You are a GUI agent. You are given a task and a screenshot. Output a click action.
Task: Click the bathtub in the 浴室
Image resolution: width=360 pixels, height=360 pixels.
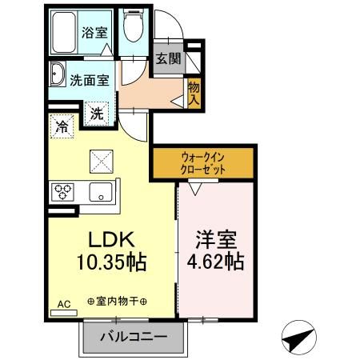pyautogui.click(x=64, y=33)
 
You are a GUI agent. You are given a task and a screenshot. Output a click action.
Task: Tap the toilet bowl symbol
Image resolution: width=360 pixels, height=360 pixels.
pyautogui.click(x=134, y=26)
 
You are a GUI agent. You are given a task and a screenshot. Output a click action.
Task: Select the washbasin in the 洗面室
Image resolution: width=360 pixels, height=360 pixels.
pyautogui.click(x=58, y=74)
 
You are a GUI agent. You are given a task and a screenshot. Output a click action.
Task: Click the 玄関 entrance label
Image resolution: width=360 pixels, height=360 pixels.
pyautogui.click(x=168, y=58)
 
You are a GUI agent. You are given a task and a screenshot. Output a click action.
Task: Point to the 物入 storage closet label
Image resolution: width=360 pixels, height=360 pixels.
pyautogui.click(x=194, y=94)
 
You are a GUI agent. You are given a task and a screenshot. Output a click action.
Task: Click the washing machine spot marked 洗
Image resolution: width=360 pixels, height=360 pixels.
pyautogui.click(x=97, y=114)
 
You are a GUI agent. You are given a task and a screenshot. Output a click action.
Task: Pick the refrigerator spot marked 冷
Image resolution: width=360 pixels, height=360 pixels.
pyautogui.click(x=62, y=126)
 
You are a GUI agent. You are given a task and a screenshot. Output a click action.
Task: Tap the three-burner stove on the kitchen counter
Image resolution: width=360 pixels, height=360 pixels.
pyautogui.click(x=62, y=192)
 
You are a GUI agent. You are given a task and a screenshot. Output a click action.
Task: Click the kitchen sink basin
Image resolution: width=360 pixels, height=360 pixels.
pyautogui.click(x=101, y=192)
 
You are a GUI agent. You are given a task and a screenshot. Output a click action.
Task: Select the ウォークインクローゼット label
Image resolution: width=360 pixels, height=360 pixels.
pyautogui.click(x=203, y=163)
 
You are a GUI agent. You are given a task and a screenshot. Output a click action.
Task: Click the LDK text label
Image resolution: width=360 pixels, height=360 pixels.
pyautogui.click(x=111, y=239)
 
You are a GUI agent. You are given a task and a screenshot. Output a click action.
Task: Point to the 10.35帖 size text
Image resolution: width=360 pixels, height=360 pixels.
pyautogui.click(x=112, y=262)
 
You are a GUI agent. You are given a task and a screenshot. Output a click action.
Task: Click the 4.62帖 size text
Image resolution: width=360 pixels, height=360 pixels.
pyautogui.click(x=216, y=262)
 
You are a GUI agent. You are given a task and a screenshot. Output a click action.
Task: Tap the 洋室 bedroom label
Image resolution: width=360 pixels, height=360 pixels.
pyautogui.click(x=216, y=239)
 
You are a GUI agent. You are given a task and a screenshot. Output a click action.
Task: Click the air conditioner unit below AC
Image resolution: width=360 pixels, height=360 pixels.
pyautogui.click(x=64, y=313)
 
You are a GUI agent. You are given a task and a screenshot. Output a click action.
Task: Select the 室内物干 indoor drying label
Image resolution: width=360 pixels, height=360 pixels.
pyautogui.click(x=118, y=302)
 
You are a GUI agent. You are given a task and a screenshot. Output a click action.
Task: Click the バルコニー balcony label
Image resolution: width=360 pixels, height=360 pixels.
pyautogui.click(x=134, y=337)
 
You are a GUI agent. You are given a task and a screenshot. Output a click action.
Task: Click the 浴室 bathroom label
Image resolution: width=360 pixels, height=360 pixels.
pyautogui.click(x=94, y=33)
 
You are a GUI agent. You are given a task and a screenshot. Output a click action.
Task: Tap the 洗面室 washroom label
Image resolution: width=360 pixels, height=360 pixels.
pyautogui.click(x=90, y=80)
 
